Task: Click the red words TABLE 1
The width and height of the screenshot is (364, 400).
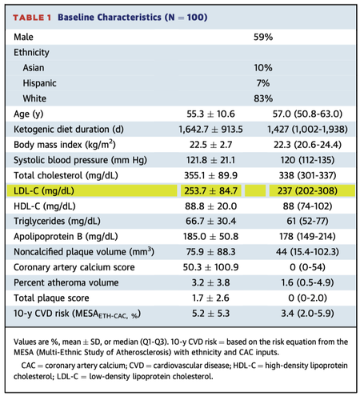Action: click(x=32, y=18)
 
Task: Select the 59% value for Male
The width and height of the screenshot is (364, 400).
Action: click(x=263, y=37)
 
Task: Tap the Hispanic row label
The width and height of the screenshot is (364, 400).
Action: click(x=39, y=83)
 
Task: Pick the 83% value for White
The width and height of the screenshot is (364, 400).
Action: click(x=263, y=98)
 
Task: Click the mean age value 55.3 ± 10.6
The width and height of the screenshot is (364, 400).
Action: click(x=210, y=114)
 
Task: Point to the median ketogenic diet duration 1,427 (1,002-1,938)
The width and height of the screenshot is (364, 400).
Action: click(x=307, y=130)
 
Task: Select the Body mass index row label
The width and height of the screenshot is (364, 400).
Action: click(x=65, y=145)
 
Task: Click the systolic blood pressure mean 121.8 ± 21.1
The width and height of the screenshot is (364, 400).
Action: click(x=210, y=160)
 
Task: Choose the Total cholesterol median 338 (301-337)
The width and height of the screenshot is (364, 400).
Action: click(x=307, y=175)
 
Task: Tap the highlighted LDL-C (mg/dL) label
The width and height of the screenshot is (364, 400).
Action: click(x=44, y=191)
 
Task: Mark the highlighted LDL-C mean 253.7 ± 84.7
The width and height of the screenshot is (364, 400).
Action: click(x=210, y=191)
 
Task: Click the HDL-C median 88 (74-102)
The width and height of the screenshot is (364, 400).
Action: click(x=307, y=206)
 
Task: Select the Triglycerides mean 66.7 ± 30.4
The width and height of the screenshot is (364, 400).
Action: click(x=210, y=221)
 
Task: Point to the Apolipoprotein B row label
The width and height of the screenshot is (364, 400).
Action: click(x=66, y=237)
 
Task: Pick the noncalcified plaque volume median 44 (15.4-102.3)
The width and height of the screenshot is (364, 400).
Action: click(x=307, y=252)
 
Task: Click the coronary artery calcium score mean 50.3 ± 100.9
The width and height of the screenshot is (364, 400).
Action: click(x=210, y=267)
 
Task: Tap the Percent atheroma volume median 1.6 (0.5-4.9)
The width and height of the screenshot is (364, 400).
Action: click(x=307, y=282)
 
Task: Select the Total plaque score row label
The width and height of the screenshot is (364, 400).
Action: click(x=51, y=298)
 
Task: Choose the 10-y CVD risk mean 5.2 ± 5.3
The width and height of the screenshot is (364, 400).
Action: click(x=210, y=314)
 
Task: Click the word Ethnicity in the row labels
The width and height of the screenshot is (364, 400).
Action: click(x=31, y=53)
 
